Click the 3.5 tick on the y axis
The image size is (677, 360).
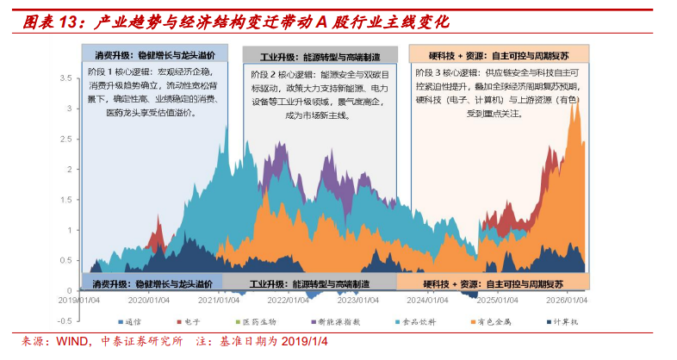[x=65, y=78]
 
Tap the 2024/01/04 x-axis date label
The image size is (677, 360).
[x=428, y=301]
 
